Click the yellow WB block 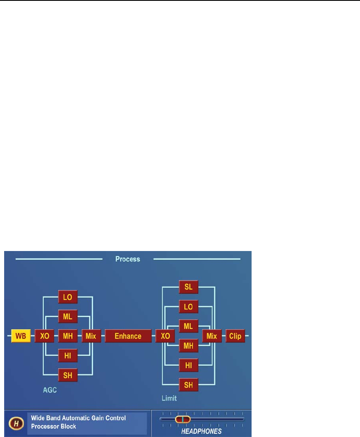(21, 336)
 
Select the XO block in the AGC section (44, 336)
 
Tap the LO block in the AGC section (68, 297)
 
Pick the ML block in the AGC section (68, 316)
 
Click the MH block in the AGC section (68, 336)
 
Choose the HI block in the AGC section (68, 355)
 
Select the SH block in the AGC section (68, 374)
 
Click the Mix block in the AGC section (91, 336)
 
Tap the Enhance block (128, 336)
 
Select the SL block (188, 287)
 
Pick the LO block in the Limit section (188, 307)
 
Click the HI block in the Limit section (188, 365)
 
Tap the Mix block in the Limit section (212, 336)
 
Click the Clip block (235, 336)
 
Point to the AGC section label (50, 390)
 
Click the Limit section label (169, 398)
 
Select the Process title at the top (127, 259)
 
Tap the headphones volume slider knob (182, 420)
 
